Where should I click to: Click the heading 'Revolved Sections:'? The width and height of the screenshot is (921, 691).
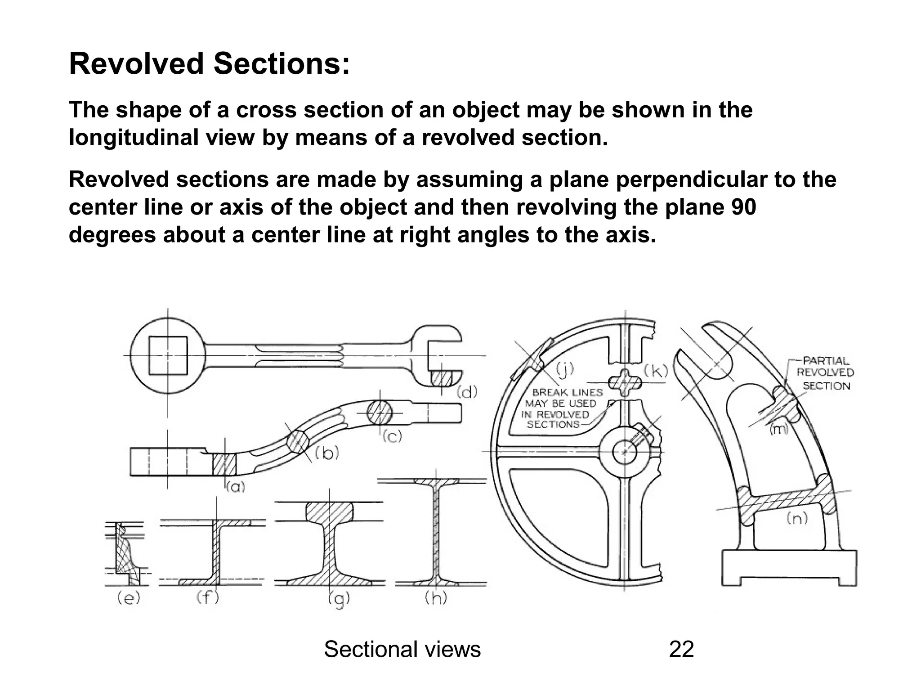coord(209,64)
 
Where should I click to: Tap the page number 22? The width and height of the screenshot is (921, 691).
coord(681,650)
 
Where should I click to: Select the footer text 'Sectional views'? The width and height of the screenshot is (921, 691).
coord(402,650)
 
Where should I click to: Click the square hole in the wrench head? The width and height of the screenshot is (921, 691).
coord(168,355)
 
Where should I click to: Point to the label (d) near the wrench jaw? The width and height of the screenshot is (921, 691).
coord(467,393)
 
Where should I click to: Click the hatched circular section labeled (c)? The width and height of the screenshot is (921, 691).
coord(379,412)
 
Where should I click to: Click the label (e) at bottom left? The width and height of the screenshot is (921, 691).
coord(129,598)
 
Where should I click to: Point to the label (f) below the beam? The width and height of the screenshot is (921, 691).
coord(208,598)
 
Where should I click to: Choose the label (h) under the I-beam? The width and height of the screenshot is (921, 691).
coord(436,598)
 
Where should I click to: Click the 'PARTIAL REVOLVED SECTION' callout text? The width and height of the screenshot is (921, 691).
coord(825,373)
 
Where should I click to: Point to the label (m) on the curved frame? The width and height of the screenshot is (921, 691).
coord(779,429)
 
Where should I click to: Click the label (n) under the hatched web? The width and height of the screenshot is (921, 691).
coord(797,519)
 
